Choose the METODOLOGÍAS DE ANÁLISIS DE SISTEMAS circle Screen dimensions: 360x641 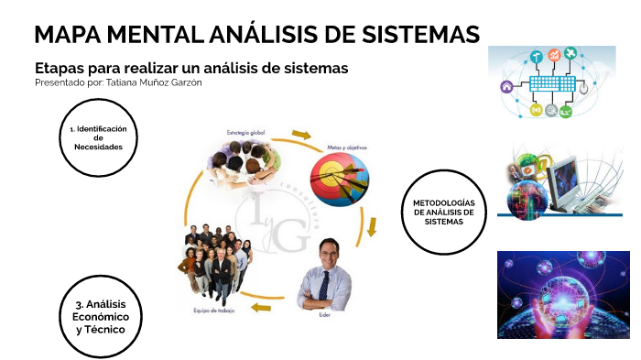443,212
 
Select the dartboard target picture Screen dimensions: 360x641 340,179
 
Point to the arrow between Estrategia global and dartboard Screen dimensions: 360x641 301,136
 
